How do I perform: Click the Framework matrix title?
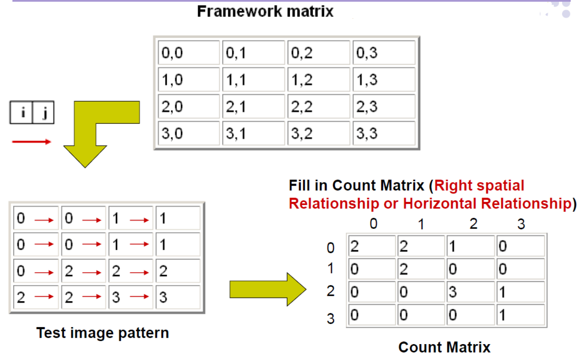tap(265, 11)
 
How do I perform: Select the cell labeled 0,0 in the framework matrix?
tap(189, 53)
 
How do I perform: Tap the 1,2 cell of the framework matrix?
tap(319, 80)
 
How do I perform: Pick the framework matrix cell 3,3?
tap(384, 133)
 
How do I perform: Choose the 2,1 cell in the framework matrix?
tap(253, 107)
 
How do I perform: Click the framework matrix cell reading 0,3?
tap(384, 53)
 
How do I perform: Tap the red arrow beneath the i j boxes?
tap(31, 141)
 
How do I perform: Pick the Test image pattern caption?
tap(102, 333)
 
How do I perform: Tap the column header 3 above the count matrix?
tap(521, 224)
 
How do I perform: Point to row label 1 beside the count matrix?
tap(330, 269)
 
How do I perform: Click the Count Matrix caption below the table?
tap(444, 347)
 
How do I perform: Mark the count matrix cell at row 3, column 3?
tap(520, 315)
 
